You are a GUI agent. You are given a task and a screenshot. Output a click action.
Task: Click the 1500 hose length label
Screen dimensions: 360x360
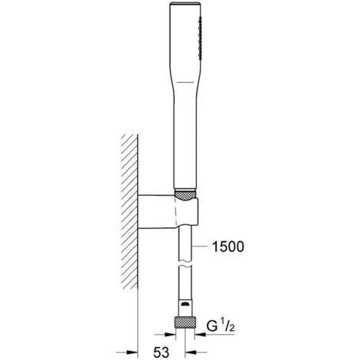(228, 247)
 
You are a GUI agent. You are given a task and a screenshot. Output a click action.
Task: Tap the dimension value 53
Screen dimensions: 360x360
(161, 352)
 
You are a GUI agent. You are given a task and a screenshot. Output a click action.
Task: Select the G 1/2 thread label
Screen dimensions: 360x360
(221, 326)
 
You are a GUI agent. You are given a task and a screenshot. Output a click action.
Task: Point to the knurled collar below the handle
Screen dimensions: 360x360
(185, 195)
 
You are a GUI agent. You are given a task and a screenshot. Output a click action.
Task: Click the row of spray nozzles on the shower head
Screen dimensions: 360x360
(200, 38)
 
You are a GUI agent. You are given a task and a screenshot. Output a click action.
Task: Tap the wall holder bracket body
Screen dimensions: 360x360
(168, 211)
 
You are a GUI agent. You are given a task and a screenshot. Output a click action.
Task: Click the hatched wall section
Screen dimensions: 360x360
(129, 211)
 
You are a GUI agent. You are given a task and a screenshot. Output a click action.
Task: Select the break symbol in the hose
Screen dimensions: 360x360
(185, 264)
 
